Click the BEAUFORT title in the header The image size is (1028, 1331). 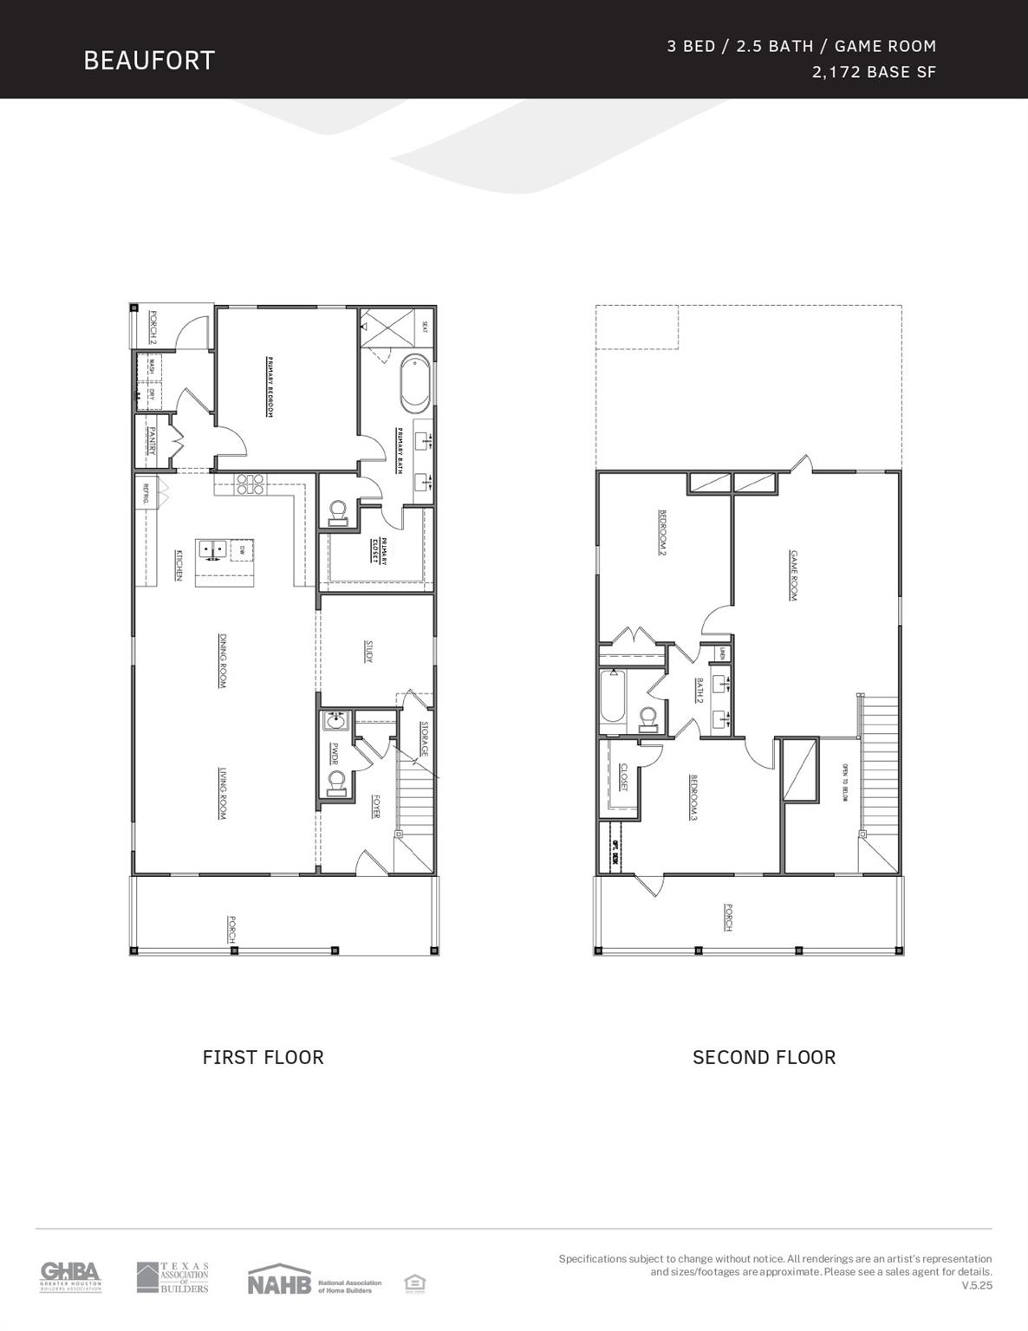pyautogui.click(x=149, y=60)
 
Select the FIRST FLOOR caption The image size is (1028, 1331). pyautogui.click(x=263, y=1057)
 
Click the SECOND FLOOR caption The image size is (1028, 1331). pyautogui.click(x=764, y=1057)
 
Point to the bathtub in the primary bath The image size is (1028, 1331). pyautogui.click(x=413, y=382)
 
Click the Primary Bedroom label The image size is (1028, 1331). pyautogui.click(x=270, y=387)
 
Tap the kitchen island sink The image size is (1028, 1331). pyautogui.click(x=212, y=549)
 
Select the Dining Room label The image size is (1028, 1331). pyautogui.click(x=223, y=661)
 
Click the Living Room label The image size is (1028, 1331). pyautogui.click(x=223, y=794)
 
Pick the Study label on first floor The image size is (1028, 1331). pyautogui.click(x=368, y=653)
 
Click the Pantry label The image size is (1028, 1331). pyautogui.click(x=151, y=442)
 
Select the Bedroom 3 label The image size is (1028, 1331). pyautogui.click(x=693, y=797)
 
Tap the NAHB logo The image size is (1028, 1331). pyautogui.click(x=279, y=1282)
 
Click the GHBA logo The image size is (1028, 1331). pyautogui.click(x=70, y=1276)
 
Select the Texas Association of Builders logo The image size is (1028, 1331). pyautogui.click(x=172, y=1277)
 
